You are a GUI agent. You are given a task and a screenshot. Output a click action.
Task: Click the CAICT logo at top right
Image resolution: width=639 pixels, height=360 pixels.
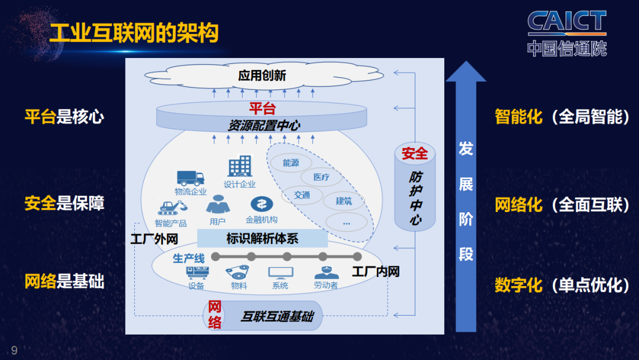pyautogui.click(x=567, y=33)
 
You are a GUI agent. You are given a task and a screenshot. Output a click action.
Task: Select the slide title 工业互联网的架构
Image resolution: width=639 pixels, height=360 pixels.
pyautogui.click(x=134, y=33)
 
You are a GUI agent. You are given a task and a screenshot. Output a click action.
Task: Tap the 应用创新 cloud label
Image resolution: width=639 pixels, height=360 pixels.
pyautogui.click(x=262, y=75)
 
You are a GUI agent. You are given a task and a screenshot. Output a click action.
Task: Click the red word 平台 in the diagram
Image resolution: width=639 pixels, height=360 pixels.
pyautogui.click(x=262, y=108)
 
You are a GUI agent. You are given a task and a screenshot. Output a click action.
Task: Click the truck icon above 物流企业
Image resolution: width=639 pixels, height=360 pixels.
pyautogui.click(x=190, y=177)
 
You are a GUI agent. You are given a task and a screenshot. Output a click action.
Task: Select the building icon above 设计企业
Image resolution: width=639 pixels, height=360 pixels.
pyautogui.click(x=240, y=166)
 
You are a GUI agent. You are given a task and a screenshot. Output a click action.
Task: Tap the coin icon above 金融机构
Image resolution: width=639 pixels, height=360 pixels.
pyautogui.click(x=261, y=204)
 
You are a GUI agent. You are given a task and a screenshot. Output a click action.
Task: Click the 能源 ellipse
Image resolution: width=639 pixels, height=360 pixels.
pyautogui.click(x=291, y=163)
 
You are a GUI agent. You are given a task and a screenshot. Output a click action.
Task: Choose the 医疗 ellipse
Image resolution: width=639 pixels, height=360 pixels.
pyautogui.click(x=321, y=177)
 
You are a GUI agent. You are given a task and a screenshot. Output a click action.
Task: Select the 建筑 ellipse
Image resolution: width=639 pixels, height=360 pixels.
pyautogui.click(x=344, y=201)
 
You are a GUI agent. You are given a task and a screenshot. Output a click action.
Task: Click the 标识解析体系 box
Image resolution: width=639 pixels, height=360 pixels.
pyautogui.click(x=262, y=239)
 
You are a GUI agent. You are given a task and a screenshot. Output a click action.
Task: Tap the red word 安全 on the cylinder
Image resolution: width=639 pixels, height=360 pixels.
pyautogui.click(x=415, y=153)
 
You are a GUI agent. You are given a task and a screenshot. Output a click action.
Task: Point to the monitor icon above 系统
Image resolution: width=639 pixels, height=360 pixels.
pyautogui.click(x=280, y=273)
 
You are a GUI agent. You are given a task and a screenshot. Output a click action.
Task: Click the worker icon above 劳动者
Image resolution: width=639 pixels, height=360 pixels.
pyautogui.click(x=325, y=273)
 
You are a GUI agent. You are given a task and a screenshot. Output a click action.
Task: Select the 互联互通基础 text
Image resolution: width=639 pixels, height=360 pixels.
pyautogui.click(x=276, y=317)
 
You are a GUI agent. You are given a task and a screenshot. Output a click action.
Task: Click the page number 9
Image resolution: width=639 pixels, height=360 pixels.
pyautogui.click(x=14, y=350)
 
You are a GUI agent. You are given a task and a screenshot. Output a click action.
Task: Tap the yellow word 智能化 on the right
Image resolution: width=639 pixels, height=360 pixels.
pyautogui.click(x=518, y=117)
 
